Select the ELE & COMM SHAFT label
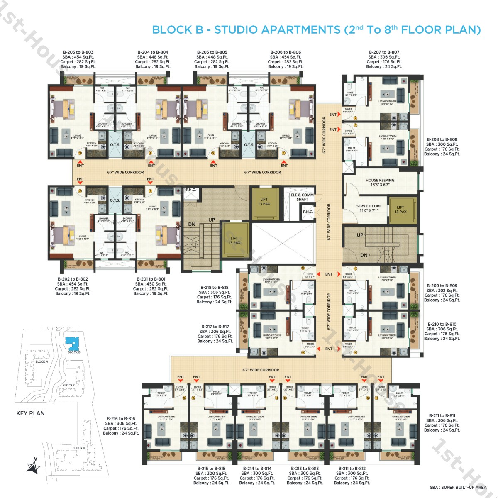pos(302,197)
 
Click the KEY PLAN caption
pos(30,413)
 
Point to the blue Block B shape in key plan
pos(73,343)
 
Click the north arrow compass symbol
pos(33,466)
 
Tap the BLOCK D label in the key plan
pos(78,448)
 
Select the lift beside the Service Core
pos(400,210)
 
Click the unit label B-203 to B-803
pos(78,52)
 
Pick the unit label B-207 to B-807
pos(384,52)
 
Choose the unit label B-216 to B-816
pos(121,419)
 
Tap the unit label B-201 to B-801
pos(151,279)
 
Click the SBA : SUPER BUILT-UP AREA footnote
pos(458,488)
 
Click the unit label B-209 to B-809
pos(442,286)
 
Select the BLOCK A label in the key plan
pos(41,361)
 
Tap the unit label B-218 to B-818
pos(214,288)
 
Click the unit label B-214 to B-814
pos(257,469)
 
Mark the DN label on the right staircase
pos(364,255)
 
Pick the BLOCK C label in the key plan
pos(69,385)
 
